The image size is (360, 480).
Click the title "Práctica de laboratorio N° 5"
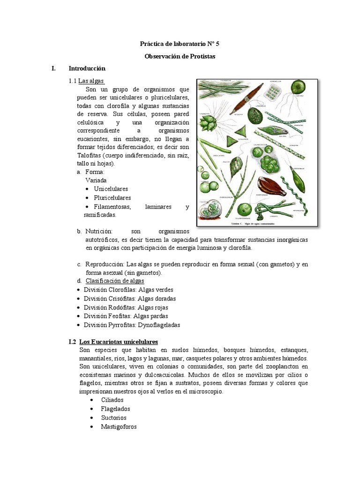[180, 44]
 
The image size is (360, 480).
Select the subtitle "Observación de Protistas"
[180, 56]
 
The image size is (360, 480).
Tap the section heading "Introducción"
[87, 68]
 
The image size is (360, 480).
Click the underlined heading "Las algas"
[91, 81]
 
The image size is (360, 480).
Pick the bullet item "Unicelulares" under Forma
[111, 189]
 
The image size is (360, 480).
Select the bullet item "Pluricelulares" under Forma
[112, 198]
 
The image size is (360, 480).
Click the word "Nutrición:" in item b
[99, 232]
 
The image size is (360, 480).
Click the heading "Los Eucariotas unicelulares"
[119, 342]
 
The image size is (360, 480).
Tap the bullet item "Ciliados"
[112, 400]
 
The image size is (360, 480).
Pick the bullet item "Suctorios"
[113, 418]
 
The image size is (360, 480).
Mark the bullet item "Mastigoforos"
[119, 427]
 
